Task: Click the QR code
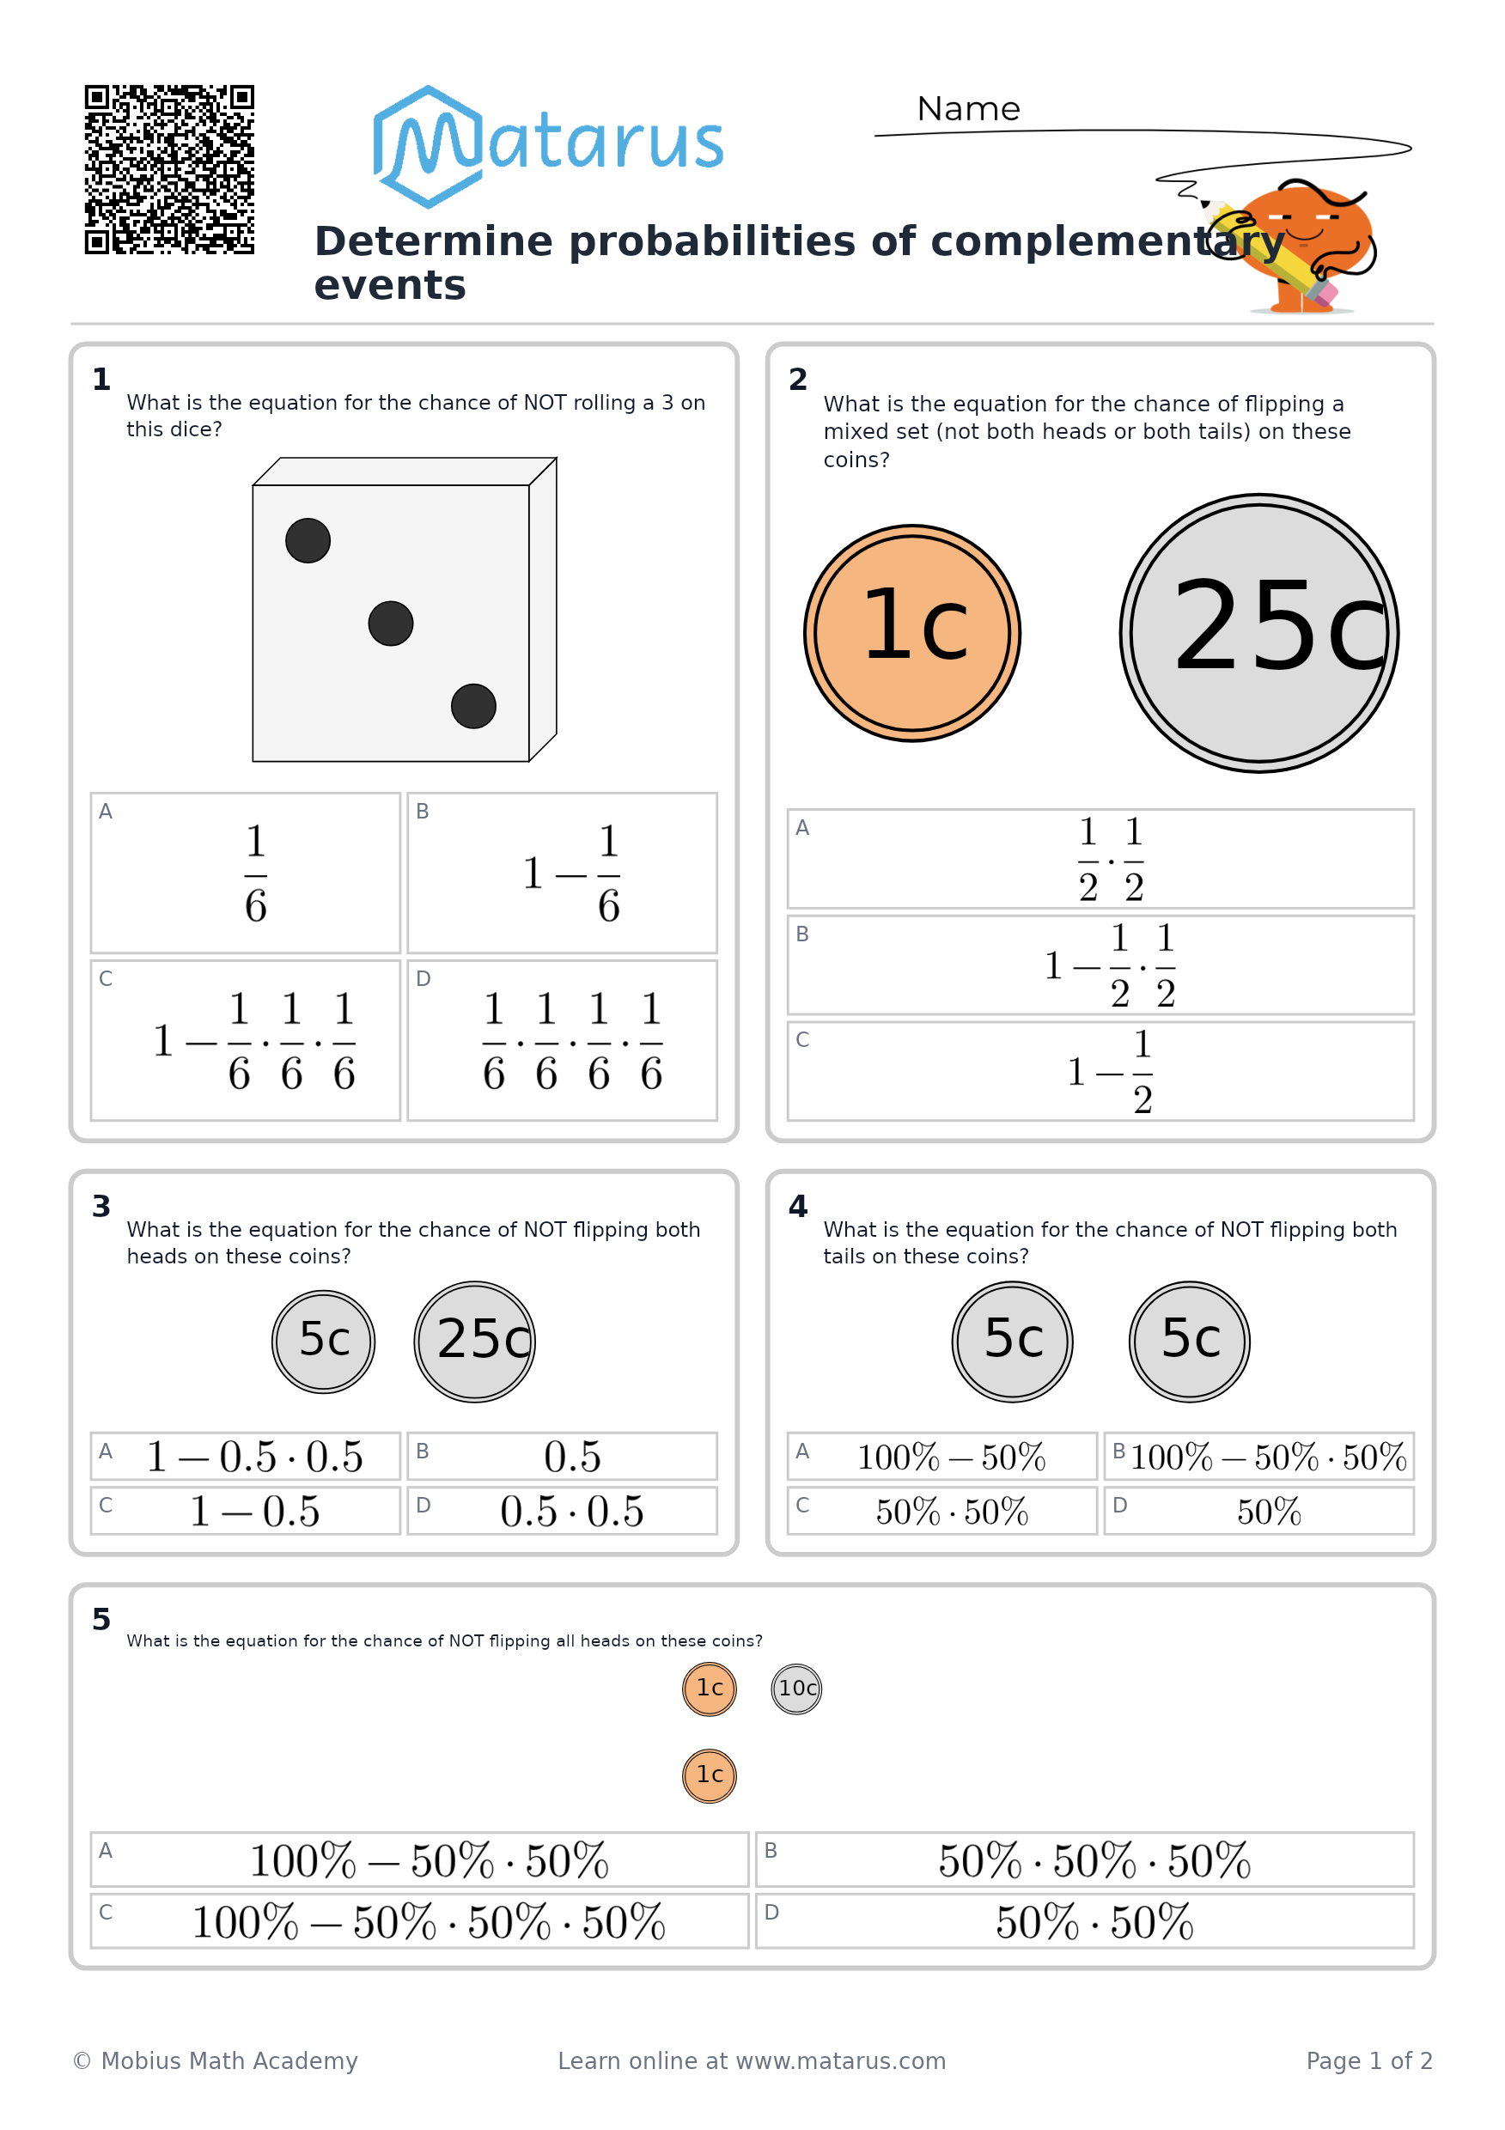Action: [169, 169]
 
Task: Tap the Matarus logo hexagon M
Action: [428, 147]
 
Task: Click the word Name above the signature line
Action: [968, 109]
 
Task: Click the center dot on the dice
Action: [391, 624]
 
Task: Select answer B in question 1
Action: [563, 873]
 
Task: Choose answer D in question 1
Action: [563, 1040]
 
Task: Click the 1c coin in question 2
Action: [912, 634]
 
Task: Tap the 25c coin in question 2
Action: [1259, 633]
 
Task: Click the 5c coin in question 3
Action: [324, 1342]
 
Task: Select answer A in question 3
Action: [246, 1457]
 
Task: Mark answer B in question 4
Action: [1259, 1457]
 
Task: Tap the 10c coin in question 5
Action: [797, 1689]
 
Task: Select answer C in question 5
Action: [419, 1921]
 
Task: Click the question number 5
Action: [101, 1620]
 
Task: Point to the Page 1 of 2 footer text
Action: [1369, 2060]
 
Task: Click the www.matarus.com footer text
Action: [841, 2060]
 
